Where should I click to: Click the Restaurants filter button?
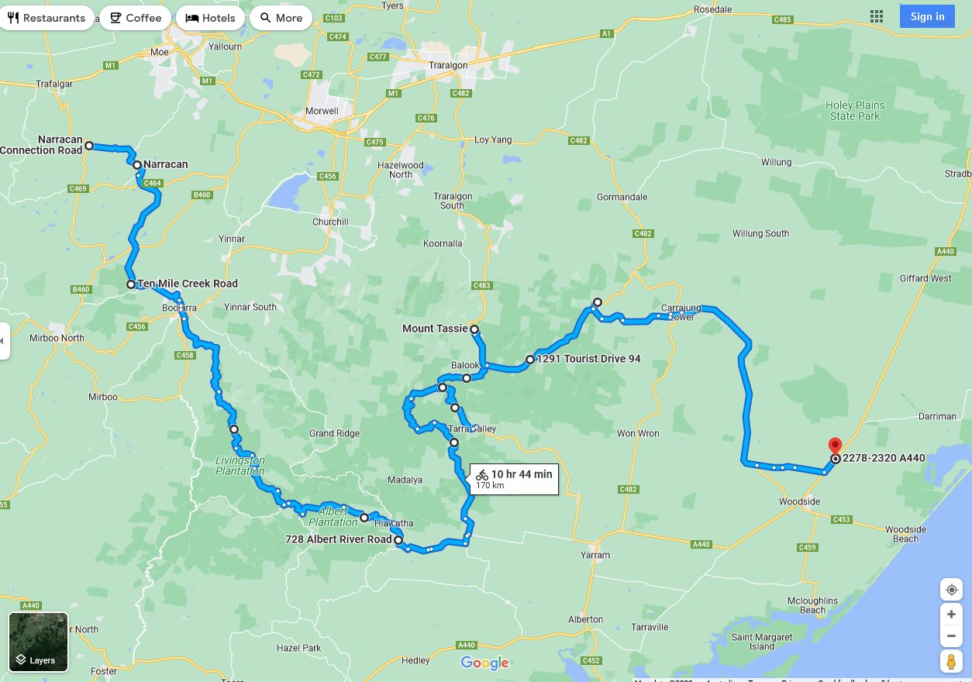pos(47,18)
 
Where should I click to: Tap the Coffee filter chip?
pos(136,18)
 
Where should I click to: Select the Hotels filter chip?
pos(211,18)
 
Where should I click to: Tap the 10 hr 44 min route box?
pos(514,479)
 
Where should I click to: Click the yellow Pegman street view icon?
pos(951,661)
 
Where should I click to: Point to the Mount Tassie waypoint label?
pos(435,329)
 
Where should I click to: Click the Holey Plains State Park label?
pos(855,111)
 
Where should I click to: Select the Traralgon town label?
pos(448,66)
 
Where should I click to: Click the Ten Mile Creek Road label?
pos(188,284)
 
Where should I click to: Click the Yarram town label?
pos(595,555)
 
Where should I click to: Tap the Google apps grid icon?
pos(877,16)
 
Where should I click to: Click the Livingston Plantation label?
pos(240,466)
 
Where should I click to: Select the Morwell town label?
pos(322,111)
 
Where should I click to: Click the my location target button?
pos(951,590)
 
